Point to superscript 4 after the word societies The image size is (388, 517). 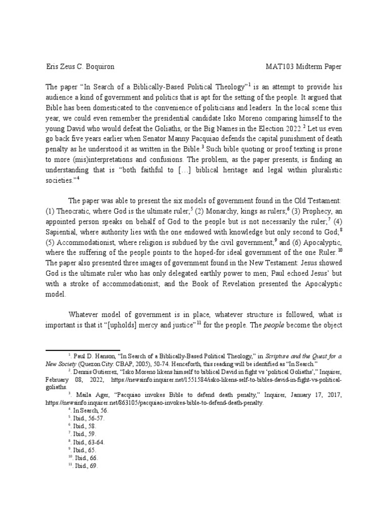(79, 179)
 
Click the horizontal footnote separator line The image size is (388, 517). (83, 349)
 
